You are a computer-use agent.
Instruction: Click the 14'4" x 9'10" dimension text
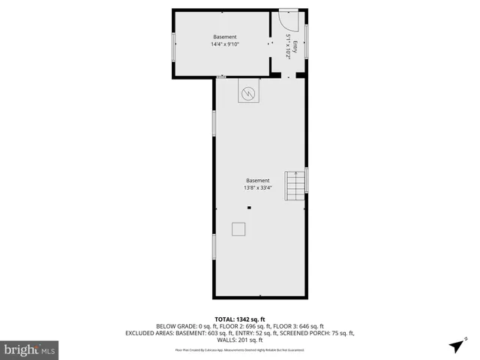tap(224, 44)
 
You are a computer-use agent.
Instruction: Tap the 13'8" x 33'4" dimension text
tap(257, 188)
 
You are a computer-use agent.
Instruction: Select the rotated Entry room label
tap(295, 46)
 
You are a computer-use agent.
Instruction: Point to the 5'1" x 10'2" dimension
tap(287, 46)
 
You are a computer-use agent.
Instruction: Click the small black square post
tap(250, 208)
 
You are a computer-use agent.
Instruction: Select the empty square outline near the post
tap(238, 229)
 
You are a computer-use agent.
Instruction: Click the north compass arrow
tap(456, 346)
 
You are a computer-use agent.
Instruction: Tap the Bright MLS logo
tap(29, 349)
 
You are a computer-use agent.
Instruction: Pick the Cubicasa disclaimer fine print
tap(240, 349)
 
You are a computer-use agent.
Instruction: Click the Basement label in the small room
tap(224, 37)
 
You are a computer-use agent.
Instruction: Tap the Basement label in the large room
tap(257, 181)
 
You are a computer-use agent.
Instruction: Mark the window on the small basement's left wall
tap(174, 46)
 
